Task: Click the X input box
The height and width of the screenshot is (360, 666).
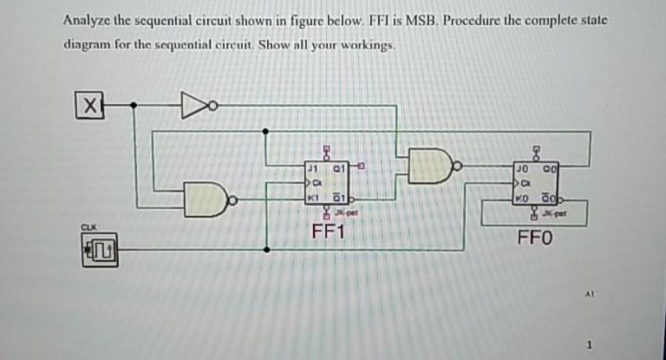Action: (x=87, y=106)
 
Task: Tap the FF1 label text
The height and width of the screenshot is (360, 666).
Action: (x=329, y=231)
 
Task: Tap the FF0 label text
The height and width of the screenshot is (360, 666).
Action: (x=535, y=236)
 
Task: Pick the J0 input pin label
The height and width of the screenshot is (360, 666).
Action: (x=520, y=166)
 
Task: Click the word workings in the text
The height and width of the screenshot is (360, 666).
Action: (x=365, y=44)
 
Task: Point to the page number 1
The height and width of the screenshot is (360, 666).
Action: (x=591, y=346)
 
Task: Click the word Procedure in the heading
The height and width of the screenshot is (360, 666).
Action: (x=472, y=20)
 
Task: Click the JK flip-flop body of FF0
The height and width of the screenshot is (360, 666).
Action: (x=536, y=181)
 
